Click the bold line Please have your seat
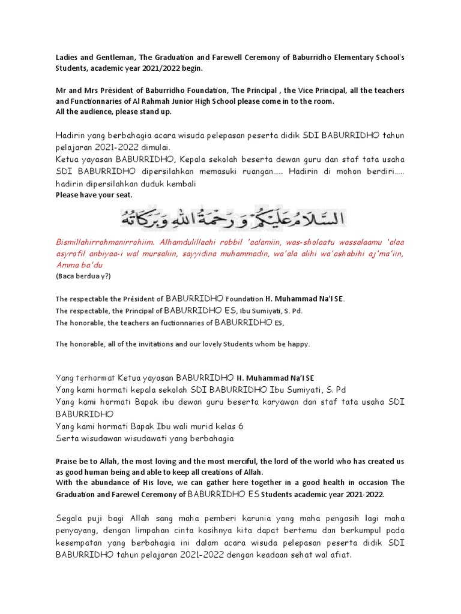point(94,195)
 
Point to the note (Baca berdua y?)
point(83,276)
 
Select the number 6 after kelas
point(241,426)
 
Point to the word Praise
point(67,461)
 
